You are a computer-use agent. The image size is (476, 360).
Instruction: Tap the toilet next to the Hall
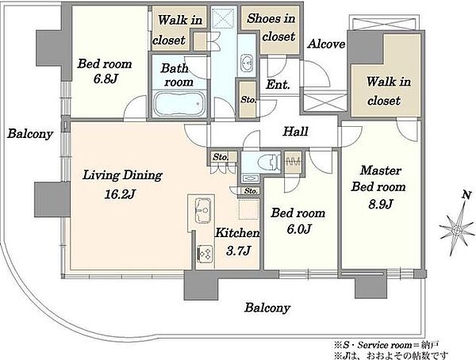coord(268,162)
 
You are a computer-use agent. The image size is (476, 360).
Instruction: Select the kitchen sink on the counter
coord(203,210)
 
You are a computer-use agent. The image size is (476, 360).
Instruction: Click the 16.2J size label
coord(120,193)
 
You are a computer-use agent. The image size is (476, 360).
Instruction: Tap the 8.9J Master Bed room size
coord(381,204)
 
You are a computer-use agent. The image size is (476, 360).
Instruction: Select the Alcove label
coord(326,44)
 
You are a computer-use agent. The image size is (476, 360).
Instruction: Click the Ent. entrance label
coord(278,84)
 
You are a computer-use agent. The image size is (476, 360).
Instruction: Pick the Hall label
coord(295,132)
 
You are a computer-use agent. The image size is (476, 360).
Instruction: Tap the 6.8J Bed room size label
coord(105,79)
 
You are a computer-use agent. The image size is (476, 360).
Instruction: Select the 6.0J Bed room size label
coord(299,228)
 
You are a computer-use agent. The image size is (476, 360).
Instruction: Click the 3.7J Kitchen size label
coord(238,251)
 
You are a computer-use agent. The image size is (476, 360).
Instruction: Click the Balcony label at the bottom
coord(267,308)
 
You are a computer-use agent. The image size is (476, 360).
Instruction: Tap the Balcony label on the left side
coord(30,133)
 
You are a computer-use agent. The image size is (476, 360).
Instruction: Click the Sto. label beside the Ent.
coord(248,99)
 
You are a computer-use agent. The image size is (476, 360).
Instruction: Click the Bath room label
coord(177,75)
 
